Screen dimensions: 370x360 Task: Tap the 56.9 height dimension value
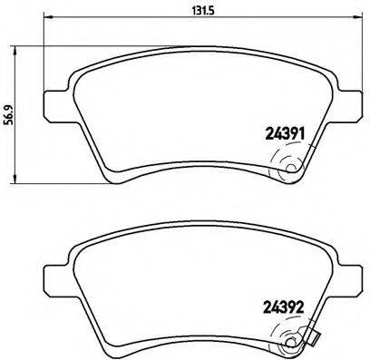point(9,115)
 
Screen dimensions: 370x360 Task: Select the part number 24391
point(285,133)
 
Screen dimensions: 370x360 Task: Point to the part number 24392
point(284,308)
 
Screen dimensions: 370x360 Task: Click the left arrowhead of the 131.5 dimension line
point(48,17)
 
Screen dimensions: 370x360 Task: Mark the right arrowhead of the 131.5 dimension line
point(357,17)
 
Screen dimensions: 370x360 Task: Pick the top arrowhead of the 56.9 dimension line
point(14,51)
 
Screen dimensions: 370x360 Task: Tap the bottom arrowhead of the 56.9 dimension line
point(14,179)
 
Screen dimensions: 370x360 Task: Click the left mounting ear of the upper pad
point(57,105)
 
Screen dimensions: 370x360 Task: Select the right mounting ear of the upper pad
point(348,105)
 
